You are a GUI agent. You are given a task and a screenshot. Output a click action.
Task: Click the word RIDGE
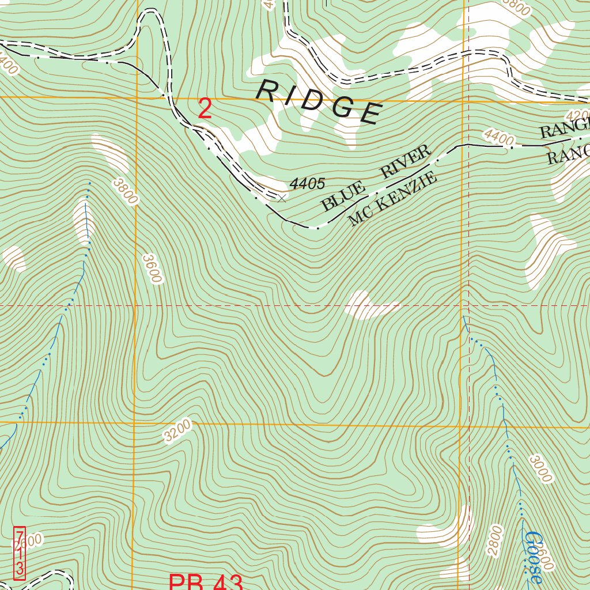(x=319, y=101)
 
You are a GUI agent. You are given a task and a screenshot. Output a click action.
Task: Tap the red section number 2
(x=205, y=109)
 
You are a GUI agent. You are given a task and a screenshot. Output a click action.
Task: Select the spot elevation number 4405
(x=307, y=184)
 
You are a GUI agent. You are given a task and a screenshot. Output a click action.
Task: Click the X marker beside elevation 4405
(x=281, y=198)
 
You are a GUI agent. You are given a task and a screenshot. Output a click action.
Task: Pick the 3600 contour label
(x=152, y=268)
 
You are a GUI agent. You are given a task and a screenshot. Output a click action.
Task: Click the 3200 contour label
(x=176, y=431)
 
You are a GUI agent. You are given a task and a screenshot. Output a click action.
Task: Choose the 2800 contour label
(x=494, y=540)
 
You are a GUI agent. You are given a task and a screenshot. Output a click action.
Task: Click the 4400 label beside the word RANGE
(x=498, y=137)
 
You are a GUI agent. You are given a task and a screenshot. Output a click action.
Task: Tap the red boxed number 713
(x=20, y=553)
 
